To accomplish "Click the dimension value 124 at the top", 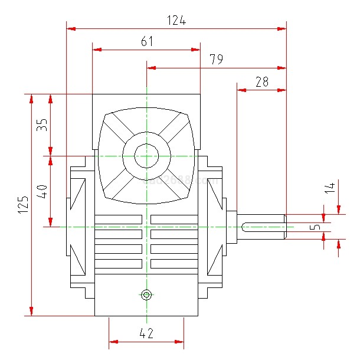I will [x=176, y=21].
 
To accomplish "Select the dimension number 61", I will [x=147, y=41].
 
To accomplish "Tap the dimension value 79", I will [x=216, y=60].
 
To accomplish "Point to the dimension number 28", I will [x=261, y=82].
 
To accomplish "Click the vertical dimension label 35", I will [x=42, y=125].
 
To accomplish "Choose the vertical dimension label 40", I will [x=42, y=192].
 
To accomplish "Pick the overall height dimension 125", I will [x=23, y=205].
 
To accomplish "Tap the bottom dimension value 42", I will [x=146, y=333].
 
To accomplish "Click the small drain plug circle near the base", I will [x=146, y=294].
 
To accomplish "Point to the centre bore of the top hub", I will [x=146, y=156].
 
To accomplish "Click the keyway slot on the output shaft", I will [x=263, y=227].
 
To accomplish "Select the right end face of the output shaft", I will [x=286, y=227].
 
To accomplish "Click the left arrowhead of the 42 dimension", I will [x=112, y=341].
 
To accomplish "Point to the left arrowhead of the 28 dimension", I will [x=240, y=90].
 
